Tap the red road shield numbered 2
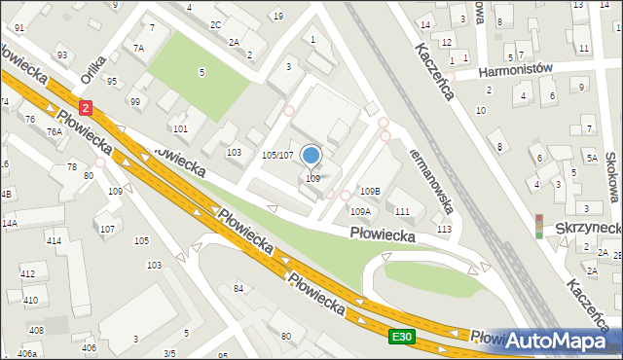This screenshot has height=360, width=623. pyautogui.click(x=86, y=109)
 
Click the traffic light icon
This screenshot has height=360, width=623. pyautogui.click(x=539, y=226)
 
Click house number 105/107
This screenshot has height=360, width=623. pyautogui.click(x=277, y=155)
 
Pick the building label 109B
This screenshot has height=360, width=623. pyautogui.click(x=370, y=191)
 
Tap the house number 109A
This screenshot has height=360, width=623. pyautogui.click(x=360, y=211)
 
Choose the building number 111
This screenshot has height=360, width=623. pyautogui.click(x=401, y=211)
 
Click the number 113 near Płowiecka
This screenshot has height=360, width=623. pyautogui.click(x=444, y=229)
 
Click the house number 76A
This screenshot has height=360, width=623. pyautogui.click(x=55, y=132)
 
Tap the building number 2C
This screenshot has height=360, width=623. pyautogui.click(x=215, y=23)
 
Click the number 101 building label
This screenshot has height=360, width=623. pyautogui.click(x=179, y=128)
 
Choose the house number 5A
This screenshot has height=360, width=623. pyautogui.click(x=591, y=156)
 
